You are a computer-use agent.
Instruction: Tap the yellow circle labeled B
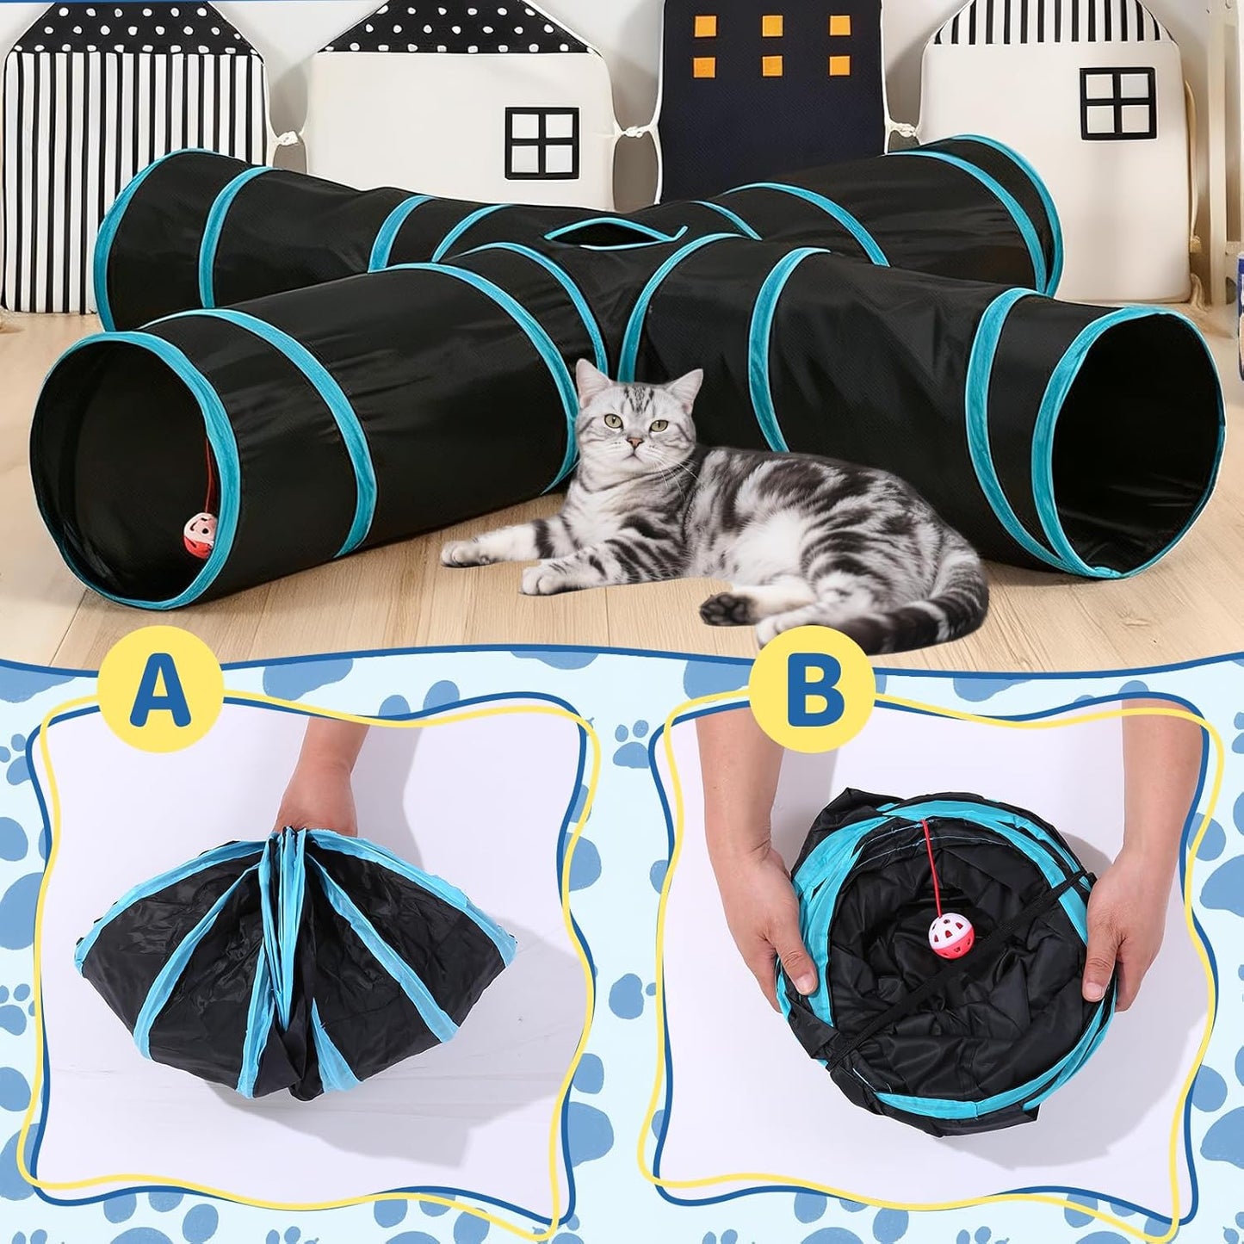click(810, 688)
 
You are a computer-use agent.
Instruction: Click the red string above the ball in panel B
click(930, 865)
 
